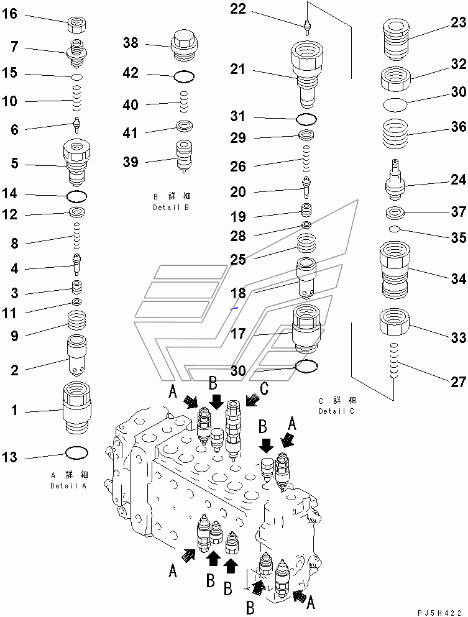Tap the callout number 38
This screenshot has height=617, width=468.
pos(131,43)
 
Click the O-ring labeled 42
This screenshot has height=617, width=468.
pos(184,76)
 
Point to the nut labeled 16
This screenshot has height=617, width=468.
pos(78,25)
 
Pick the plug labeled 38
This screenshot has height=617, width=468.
pos(184,46)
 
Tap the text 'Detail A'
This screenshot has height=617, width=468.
pos(68,486)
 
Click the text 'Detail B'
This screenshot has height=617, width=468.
pos(171,208)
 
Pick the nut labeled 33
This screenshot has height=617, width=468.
pos(394,322)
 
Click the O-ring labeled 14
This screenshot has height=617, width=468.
pos(76,198)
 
